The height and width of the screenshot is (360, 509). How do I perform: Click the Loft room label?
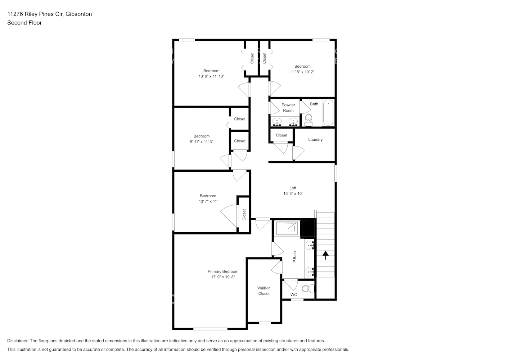click(293, 188)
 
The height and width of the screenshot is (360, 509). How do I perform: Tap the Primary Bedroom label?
click(223, 271)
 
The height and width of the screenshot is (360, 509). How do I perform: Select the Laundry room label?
click(315, 140)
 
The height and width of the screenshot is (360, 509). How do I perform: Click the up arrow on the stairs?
click(325, 255)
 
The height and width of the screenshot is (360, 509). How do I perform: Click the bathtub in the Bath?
click(328, 113)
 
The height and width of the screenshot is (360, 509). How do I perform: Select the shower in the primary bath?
click(287, 228)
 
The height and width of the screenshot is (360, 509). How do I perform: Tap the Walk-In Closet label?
click(264, 291)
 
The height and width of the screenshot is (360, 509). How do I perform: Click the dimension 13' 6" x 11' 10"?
click(211, 76)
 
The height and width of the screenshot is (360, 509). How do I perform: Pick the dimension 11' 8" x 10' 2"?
click(302, 72)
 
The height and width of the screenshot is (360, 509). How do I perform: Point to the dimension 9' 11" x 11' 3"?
click(202, 142)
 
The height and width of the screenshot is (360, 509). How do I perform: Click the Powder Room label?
click(288, 108)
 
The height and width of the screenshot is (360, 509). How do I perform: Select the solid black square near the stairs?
click(308, 228)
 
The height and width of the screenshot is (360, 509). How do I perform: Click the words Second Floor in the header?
click(24, 23)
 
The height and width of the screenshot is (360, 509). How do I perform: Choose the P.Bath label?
click(294, 257)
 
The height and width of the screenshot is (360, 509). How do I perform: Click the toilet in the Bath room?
click(308, 120)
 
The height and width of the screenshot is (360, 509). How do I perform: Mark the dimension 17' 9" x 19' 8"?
click(223, 277)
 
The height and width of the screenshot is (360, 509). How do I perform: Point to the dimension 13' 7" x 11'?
click(208, 202)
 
